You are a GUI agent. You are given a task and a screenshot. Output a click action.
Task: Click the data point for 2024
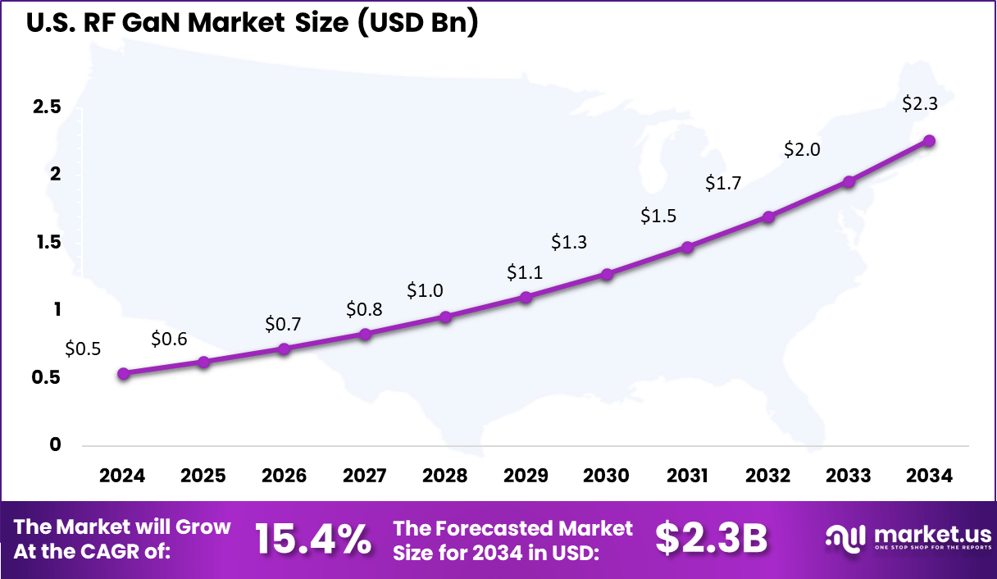(123, 374)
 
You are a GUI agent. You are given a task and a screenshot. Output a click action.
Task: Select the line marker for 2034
(929, 141)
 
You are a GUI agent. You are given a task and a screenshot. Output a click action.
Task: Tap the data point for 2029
(526, 297)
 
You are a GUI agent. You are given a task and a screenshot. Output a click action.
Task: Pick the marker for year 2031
(687, 247)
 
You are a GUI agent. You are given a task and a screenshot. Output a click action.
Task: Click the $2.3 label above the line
(920, 104)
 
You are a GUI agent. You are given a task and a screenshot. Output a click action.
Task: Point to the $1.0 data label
(425, 290)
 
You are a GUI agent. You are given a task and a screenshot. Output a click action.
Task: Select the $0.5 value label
(83, 349)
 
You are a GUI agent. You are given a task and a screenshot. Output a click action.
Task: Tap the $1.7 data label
(723, 183)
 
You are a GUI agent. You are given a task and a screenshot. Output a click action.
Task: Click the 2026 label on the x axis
(284, 476)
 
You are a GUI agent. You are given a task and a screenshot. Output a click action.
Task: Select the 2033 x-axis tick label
(849, 476)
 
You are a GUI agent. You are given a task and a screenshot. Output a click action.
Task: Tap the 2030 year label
(607, 476)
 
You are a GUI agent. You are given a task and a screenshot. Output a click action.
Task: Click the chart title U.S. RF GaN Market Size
(252, 24)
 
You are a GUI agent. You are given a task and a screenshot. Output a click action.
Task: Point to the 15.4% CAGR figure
(313, 539)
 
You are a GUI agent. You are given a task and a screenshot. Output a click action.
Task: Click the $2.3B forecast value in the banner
(711, 539)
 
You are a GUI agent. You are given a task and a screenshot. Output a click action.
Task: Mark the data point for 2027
(365, 334)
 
